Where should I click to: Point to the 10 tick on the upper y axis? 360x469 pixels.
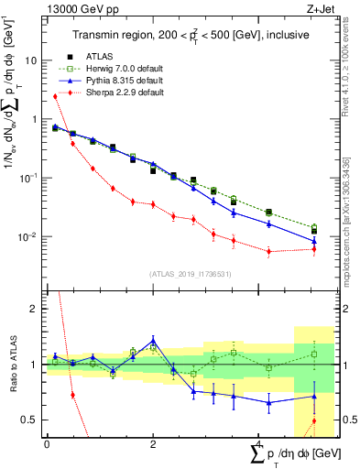tap(33, 60)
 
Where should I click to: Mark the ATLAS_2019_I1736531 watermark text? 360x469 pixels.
tap(190, 273)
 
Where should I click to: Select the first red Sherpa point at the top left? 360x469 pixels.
tap(55, 96)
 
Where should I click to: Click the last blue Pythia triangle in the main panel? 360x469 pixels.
tap(314, 241)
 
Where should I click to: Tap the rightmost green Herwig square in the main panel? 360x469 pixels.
tap(314, 227)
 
